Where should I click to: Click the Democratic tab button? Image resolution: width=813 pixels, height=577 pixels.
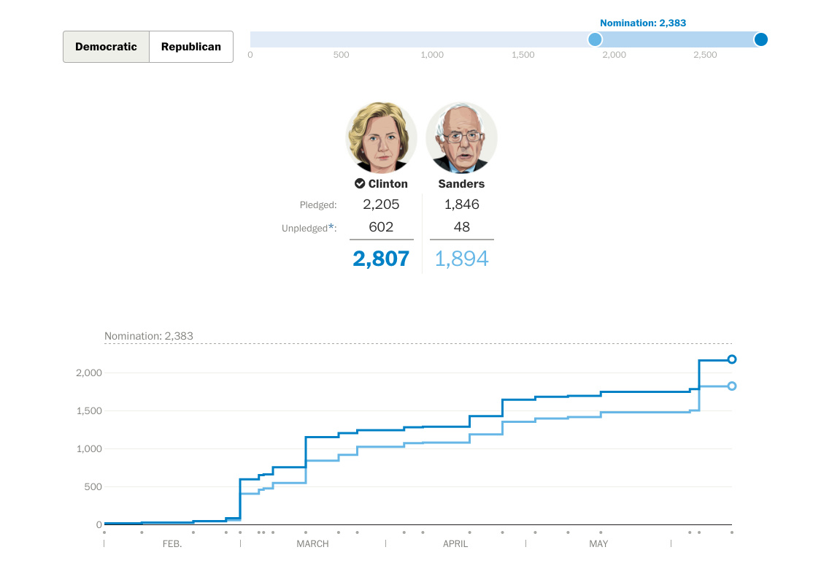106,47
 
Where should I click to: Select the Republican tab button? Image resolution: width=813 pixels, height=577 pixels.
191,47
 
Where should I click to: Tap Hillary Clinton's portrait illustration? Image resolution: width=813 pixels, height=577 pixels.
381,137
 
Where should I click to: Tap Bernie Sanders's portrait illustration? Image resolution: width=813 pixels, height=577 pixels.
461,137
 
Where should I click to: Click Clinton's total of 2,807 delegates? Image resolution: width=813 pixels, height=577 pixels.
381,259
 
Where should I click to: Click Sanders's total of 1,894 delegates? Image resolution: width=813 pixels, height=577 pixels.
461,259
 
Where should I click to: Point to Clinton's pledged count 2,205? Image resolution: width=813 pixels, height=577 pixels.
381,205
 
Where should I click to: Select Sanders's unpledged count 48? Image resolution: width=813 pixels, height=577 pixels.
461,227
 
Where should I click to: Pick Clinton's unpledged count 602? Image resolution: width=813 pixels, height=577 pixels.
381,227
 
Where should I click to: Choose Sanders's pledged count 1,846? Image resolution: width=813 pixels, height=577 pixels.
461,205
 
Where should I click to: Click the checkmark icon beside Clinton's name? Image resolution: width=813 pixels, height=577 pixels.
360,184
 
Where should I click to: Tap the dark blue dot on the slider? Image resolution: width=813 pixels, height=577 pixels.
760,39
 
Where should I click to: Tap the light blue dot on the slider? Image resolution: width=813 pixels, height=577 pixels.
595,39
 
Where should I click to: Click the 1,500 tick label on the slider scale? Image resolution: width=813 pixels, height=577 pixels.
523,56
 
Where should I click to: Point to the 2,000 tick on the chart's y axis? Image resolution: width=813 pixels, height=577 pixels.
89,373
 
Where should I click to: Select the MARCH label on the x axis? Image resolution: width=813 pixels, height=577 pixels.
312,544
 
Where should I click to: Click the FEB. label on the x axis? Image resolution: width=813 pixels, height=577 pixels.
172,544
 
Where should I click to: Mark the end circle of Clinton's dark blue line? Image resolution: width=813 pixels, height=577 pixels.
732,359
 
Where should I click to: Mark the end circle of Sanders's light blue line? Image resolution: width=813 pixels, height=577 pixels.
732,386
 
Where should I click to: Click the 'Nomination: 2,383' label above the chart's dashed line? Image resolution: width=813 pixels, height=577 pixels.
149,337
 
